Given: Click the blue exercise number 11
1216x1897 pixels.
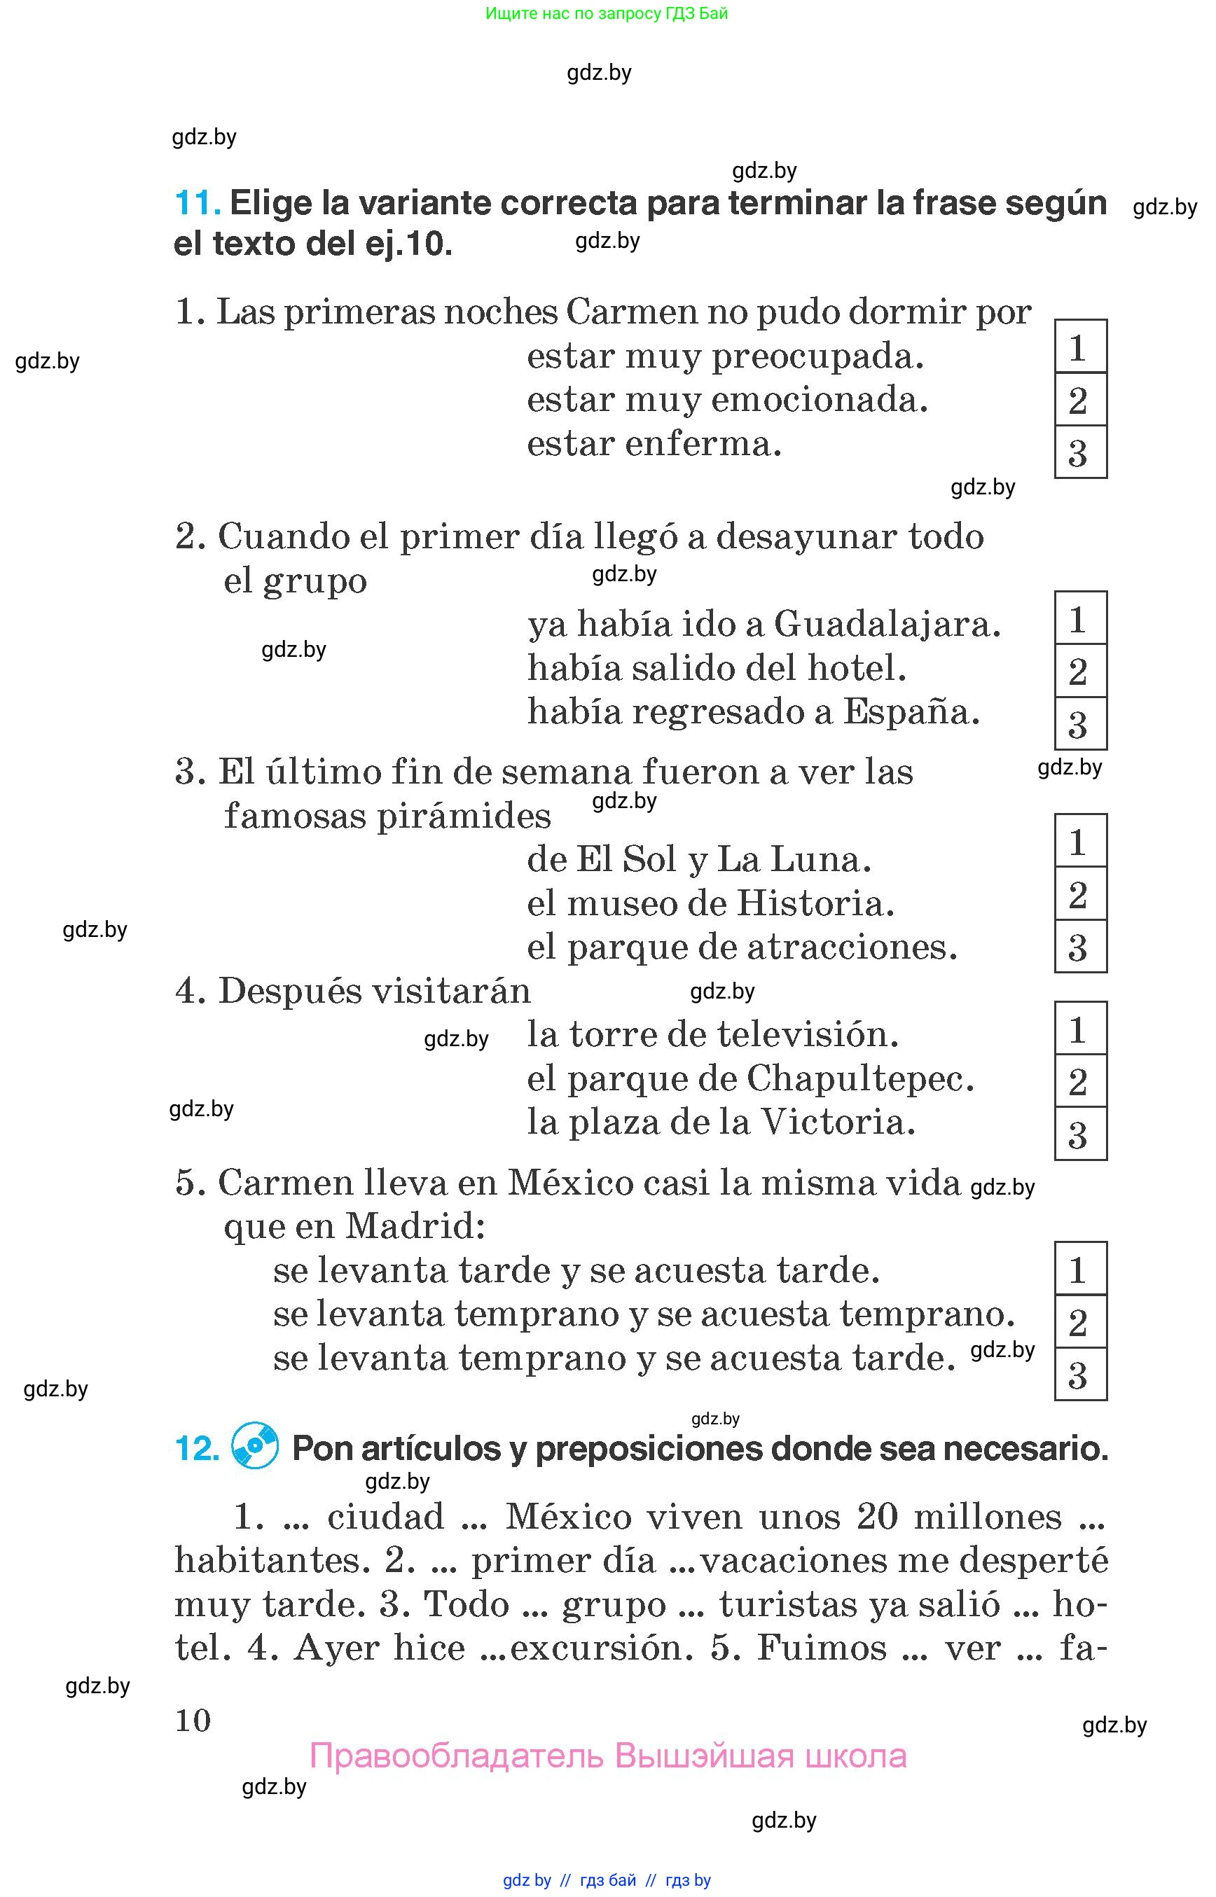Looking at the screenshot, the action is [x=197, y=204].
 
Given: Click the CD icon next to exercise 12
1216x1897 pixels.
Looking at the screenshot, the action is [x=254, y=1446].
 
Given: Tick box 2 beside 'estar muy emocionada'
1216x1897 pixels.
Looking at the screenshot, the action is [x=1080, y=401].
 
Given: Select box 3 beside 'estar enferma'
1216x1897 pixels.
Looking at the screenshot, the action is [x=1080, y=452].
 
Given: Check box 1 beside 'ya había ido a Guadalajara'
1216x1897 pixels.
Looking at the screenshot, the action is [x=1080, y=619].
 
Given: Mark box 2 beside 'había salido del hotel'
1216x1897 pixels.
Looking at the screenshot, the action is [x=1080, y=671].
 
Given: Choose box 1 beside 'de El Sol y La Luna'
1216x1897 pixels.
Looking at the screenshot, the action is [x=1080, y=842].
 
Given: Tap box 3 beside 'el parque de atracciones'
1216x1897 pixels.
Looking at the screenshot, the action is [x=1080, y=947].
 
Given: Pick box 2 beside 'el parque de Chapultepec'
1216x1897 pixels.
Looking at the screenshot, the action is [x=1080, y=1081].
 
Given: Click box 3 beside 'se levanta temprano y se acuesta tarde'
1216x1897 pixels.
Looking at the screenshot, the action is [x=1080, y=1375].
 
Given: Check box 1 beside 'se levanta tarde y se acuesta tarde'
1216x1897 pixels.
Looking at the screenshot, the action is [x=1080, y=1270].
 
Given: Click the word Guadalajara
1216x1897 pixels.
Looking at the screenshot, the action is [x=887, y=625].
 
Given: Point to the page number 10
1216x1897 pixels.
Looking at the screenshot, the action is [x=193, y=1720].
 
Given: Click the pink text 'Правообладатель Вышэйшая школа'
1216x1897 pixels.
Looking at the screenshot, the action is [x=607, y=1756].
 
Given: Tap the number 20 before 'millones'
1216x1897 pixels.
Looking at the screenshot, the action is [x=877, y=1517].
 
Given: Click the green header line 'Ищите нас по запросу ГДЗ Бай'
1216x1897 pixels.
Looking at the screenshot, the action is [x=607, y=13].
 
